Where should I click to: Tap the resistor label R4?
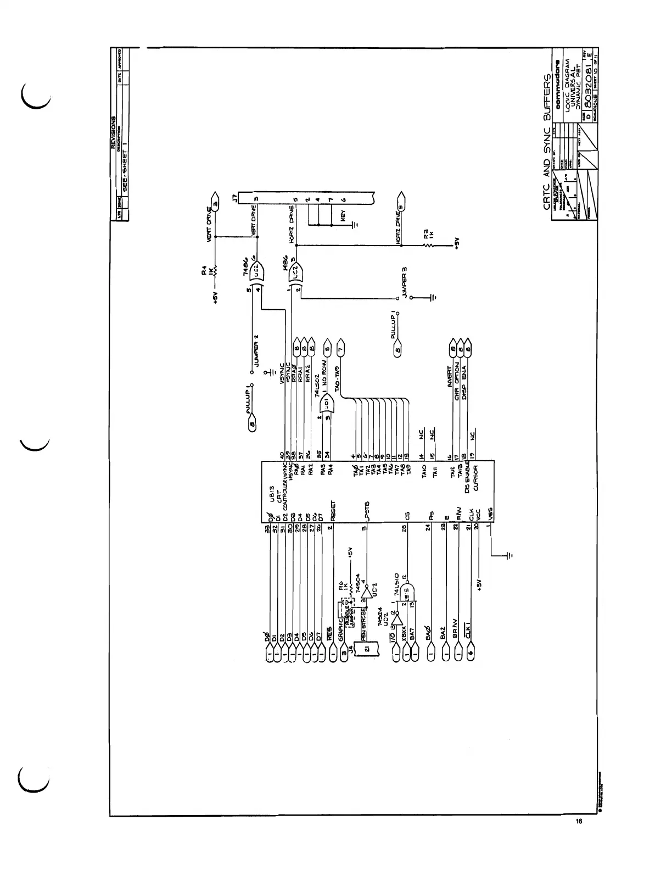pos(203,271)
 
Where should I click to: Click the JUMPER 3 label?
pos(405,283)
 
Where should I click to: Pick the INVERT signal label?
pos(450,377)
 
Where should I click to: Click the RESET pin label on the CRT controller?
pos(333,510)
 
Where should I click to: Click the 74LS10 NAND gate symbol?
pos(408,594)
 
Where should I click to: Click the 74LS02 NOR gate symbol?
pos(326,405)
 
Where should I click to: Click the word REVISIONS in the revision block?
pos(113,132)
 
